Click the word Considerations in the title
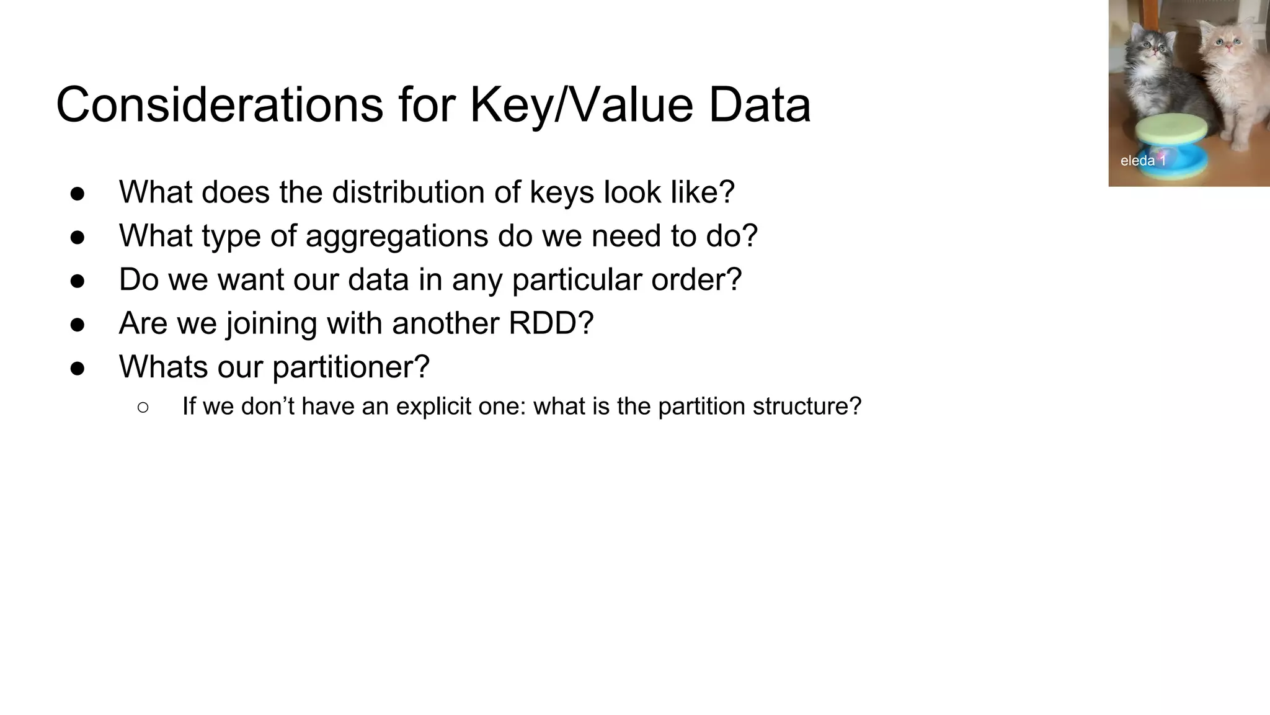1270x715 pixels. tap(220, 104)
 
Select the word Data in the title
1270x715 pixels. tap(759, 104)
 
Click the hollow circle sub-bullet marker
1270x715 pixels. tap(143, 407)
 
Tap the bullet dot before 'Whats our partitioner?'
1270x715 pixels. tap(78, 368)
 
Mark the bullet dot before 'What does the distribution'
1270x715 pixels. tap(78, 194)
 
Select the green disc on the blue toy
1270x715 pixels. tap(1171, 128)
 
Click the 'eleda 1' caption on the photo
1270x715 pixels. tap(1143, 161)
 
